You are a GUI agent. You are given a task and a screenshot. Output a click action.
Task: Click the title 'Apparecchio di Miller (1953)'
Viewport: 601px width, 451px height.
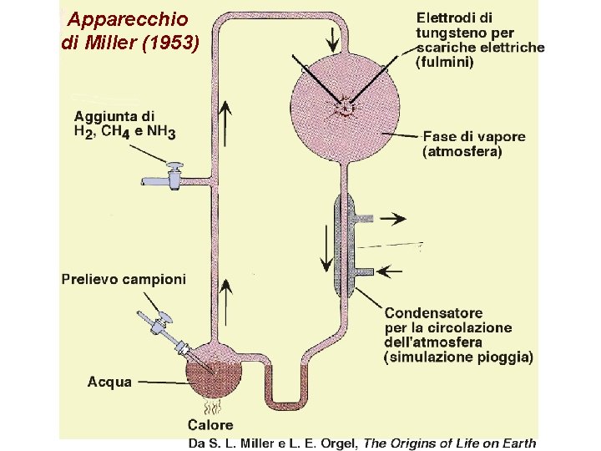click(x=130, y=31)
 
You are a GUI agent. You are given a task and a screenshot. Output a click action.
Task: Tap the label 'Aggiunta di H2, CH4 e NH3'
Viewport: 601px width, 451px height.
click(x=125, y=124)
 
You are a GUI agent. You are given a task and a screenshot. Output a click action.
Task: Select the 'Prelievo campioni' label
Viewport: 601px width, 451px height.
click(x=124, y=279)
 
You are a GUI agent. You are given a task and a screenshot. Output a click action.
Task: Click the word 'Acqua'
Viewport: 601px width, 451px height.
click(x=109, y=382)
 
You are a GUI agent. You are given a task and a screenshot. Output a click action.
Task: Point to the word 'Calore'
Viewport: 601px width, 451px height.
click(x=210, y=426)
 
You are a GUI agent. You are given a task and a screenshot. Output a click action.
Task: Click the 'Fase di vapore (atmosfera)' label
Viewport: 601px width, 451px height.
click(x=474, y=144)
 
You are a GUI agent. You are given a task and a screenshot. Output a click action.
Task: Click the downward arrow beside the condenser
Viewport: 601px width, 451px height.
click(x=324, y=251)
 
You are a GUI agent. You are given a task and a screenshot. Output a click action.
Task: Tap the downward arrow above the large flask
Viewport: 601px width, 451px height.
click(x=333, y=37)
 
